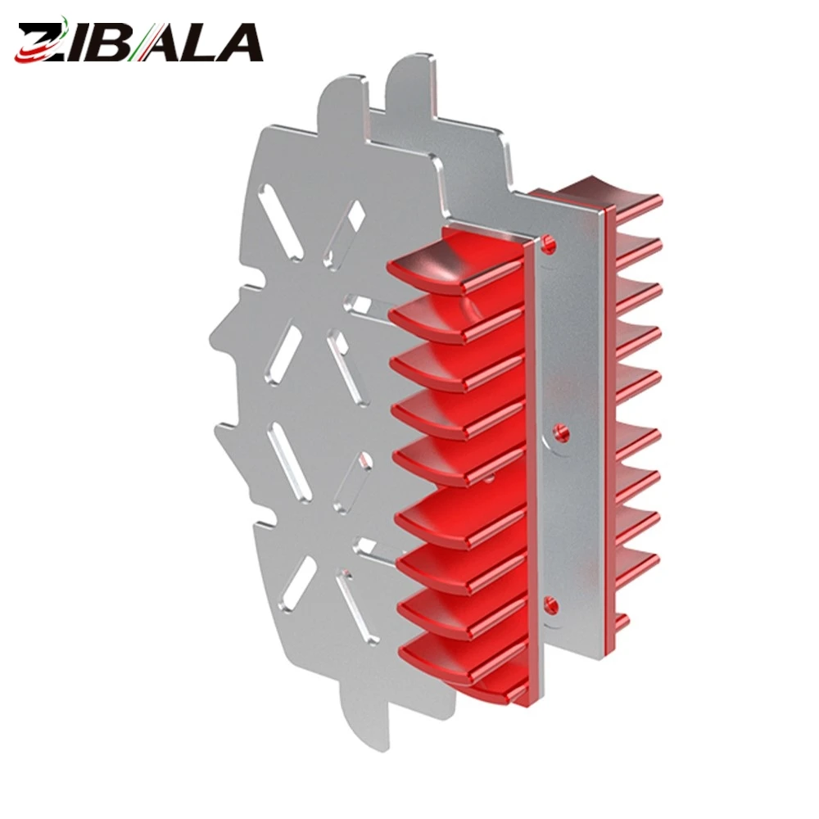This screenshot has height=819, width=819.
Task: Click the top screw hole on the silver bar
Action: tap(549, 243)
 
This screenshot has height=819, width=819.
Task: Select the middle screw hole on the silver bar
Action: tap(560, 432)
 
